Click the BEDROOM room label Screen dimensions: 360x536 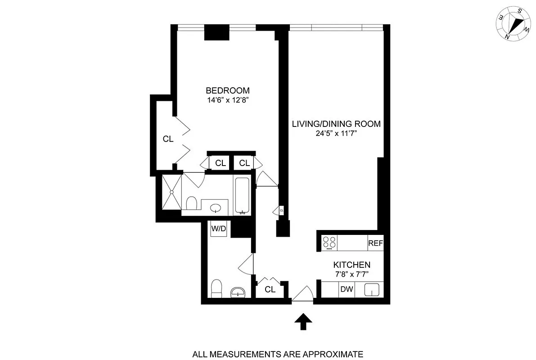227,90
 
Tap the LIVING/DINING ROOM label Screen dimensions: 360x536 336,124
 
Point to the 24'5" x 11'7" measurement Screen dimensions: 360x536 336,133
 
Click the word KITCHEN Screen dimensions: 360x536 351,265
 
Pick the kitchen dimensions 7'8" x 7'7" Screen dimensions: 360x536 351,274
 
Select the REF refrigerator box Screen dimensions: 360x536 375,243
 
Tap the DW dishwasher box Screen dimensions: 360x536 346,289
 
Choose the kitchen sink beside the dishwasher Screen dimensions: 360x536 372,289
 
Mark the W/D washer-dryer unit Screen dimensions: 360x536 219,229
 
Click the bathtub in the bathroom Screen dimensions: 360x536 242,195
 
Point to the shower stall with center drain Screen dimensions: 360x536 171,192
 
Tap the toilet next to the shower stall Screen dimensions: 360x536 191,203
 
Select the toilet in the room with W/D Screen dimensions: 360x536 216,288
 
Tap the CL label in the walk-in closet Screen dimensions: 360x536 168,139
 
